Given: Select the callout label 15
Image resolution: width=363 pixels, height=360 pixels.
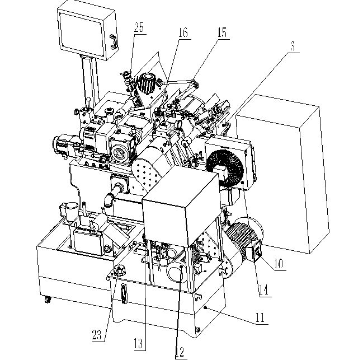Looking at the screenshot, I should pyautogui.click(x=222, y=33).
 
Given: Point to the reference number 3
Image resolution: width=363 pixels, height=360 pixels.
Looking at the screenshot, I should pyautogui.click(x=293, y=46).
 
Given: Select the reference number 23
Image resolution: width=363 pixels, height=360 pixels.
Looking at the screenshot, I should pyautogui.click(x=96, y=335).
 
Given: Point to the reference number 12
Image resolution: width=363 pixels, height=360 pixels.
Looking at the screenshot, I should pyautogui.click(x=180, y=352).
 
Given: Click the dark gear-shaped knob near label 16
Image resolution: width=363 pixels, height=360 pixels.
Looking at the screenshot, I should pyautogui.click(x=149, y=85).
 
